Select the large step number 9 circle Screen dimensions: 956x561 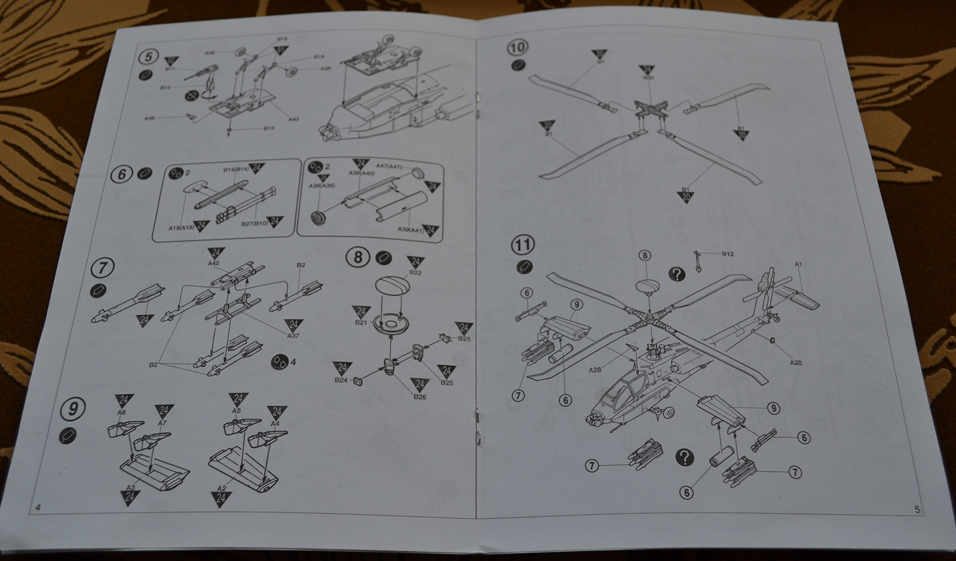[73, 410]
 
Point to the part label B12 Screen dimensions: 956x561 [727, 254]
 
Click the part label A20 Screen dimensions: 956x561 [795, 362]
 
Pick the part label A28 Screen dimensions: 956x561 [594, 370]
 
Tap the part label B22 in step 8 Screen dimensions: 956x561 [416, 272]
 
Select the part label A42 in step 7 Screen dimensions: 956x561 [214, 263]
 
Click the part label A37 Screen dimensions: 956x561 [293, 336]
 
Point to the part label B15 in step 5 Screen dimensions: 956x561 [269, 128]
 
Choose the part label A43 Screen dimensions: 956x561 [293, 119]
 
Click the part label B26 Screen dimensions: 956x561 [419, 396]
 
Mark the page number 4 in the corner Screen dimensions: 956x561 [38, 508]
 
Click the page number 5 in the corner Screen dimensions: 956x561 [917, 509]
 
